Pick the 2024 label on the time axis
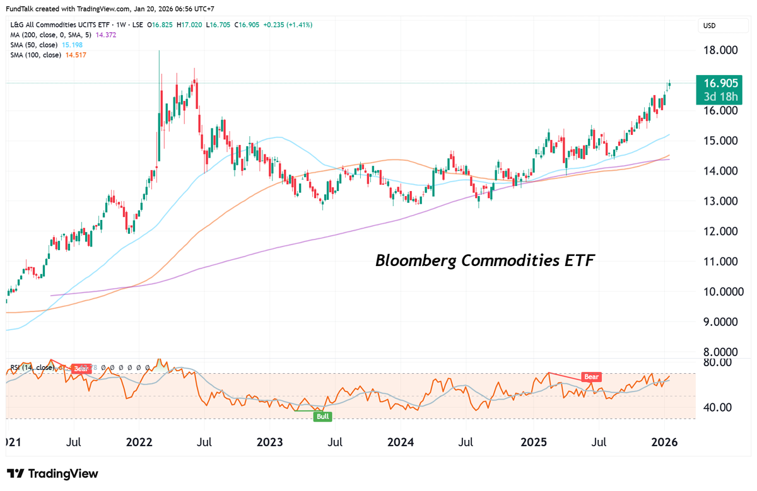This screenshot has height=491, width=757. (401, 442)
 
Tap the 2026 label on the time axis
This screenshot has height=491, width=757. (664, 442)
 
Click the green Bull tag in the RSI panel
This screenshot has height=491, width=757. (322, 417)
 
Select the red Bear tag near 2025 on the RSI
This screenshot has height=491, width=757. (591, 377)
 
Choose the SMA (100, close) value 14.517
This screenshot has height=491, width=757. (76, 55)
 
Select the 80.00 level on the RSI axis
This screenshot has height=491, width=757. (717, 362)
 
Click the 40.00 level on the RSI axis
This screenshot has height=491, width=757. (717, 407)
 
